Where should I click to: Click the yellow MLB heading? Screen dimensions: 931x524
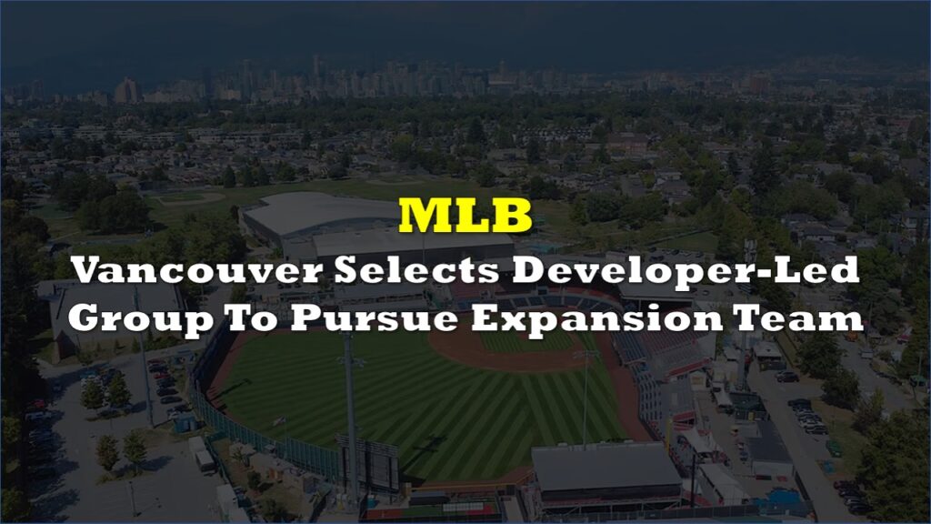pyautogui.click(x=465, y=215)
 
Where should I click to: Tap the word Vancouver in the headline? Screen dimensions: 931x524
pyautogui.click(x=197, y=270)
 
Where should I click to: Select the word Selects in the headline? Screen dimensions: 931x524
pyautogui.click(x=416, y=270)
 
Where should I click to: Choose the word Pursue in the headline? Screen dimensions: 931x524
pyautogui.click(x=374, y=319)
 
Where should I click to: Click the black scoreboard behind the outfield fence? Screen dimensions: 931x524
pyautogui.click(x=368, y=462)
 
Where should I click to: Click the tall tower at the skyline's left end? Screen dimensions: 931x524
pyautogui.click(x=125, y=90)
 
